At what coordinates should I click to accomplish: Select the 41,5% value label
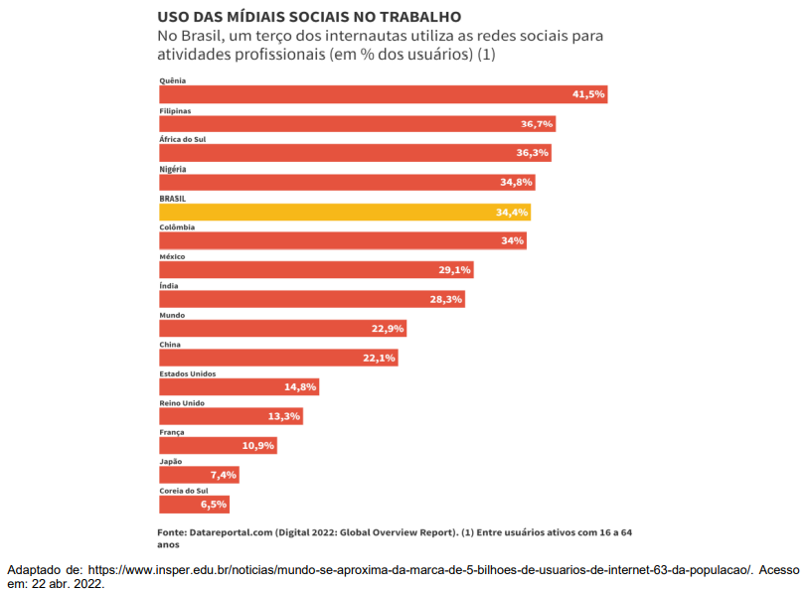[x=588, y=94]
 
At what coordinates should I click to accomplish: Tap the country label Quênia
[x=173, y=80]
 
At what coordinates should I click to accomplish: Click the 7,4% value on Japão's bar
[x=223, y=475]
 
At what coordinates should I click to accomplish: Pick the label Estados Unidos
[x=188, y=373]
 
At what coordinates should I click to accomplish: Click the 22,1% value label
[x=380, y=358]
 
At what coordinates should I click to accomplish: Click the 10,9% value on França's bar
[x=257, y=445]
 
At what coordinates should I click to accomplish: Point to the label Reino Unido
[x=182, y=402]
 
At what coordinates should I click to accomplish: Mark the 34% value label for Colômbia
[x=513, y=240]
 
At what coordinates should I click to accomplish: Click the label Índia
[x=169, y=285]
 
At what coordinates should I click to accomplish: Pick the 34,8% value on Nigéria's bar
[x=517, y=183]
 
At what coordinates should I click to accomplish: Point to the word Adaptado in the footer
[x=36, y=570]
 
